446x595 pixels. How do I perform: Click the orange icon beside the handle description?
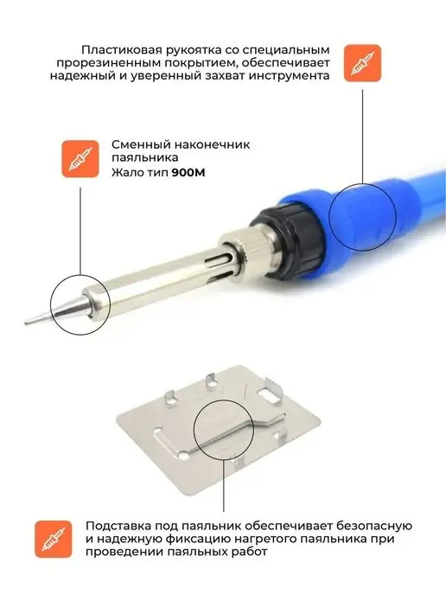pos(362,63)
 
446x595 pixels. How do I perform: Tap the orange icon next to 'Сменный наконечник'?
pos(80,158)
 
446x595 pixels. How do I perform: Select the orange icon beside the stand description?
pos(54,540)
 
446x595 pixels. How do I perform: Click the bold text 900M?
pos(188,173)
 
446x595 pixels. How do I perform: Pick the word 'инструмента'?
pos(289,76)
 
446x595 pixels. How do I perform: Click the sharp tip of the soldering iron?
pos(26,323)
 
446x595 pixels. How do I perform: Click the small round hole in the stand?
pos(183,455)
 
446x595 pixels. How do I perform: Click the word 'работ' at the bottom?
pos(249,552)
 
